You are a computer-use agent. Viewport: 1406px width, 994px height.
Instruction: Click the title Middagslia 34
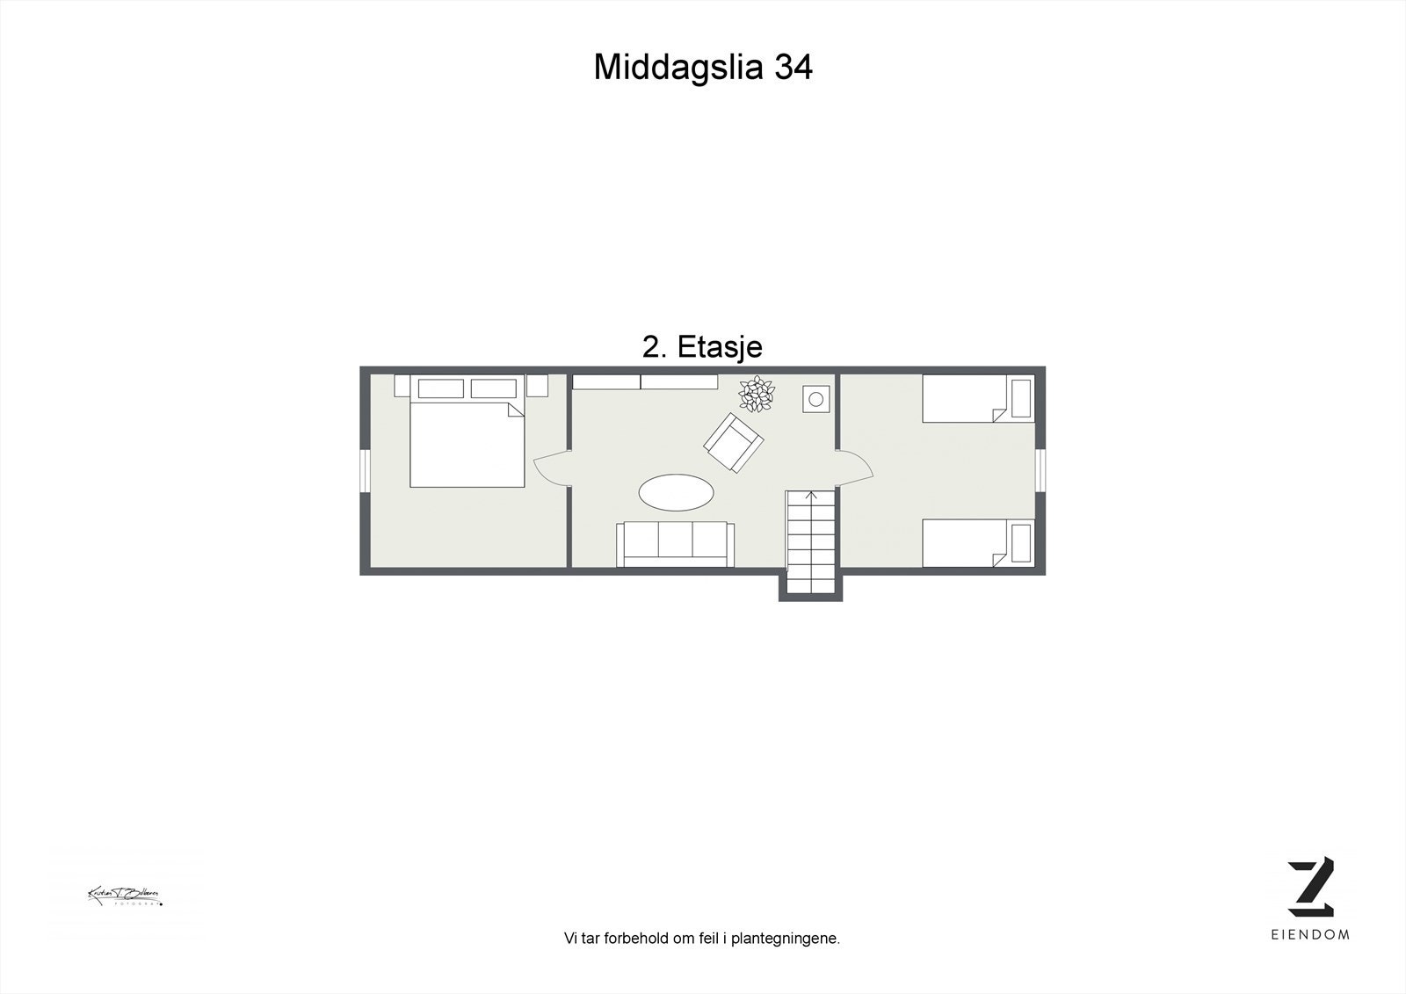coord(702,67)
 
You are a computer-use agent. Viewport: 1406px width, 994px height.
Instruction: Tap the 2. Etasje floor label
coord(702,347)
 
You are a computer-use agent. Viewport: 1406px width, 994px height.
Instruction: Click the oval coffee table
coord(675,493)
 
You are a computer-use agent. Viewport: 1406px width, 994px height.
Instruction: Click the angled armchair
coord(733,443)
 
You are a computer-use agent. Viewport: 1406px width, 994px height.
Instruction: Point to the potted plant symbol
coord(756,394)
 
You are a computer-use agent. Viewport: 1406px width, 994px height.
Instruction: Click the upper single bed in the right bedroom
coord(977,398)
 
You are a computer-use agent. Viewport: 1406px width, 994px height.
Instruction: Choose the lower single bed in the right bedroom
coord(977,542)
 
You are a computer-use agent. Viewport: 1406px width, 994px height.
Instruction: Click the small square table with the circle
coord(815,399)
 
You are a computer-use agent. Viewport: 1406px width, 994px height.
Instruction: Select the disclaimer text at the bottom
coord(702,939)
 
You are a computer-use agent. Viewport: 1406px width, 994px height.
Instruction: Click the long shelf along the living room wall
coord(645,381)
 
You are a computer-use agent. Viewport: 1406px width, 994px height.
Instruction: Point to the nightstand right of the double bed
coord(537,386)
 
